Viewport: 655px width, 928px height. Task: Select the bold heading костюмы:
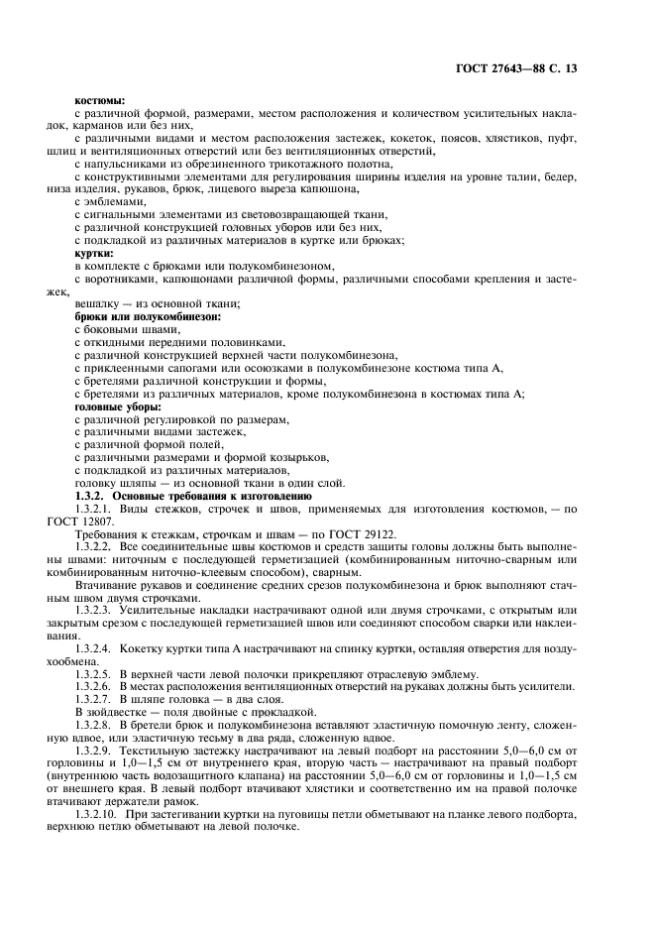click(x=99, y=99)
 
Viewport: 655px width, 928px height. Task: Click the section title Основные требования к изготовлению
click(x=212, y=495)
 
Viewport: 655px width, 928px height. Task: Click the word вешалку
click(x=97, y=303)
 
